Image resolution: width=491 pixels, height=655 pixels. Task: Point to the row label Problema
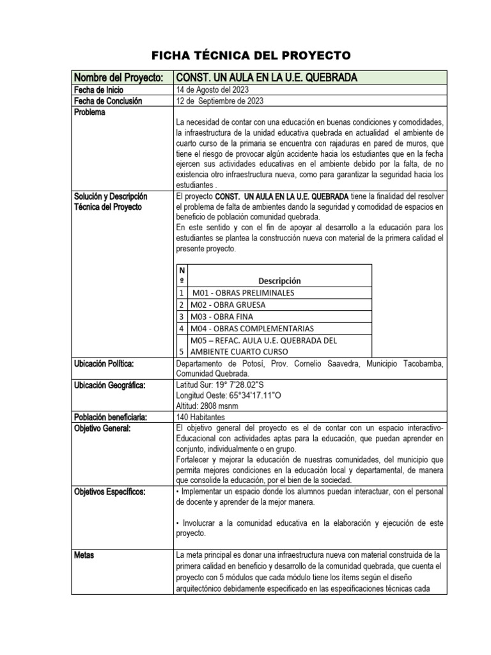click(91, 112)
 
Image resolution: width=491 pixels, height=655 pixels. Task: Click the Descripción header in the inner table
click(279, 280)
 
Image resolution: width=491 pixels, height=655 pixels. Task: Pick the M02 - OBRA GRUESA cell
click(228, 304)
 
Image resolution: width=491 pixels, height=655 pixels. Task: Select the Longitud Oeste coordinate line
click(228, 396)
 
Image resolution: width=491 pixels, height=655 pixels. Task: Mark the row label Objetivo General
click(102, 428)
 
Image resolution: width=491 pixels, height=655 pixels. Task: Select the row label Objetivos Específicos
click(110, 491)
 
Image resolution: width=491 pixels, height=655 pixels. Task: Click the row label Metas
click(84, 555)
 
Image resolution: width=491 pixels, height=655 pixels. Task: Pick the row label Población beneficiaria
click(112, 417)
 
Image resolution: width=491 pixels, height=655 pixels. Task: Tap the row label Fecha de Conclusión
click(109, 101)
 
